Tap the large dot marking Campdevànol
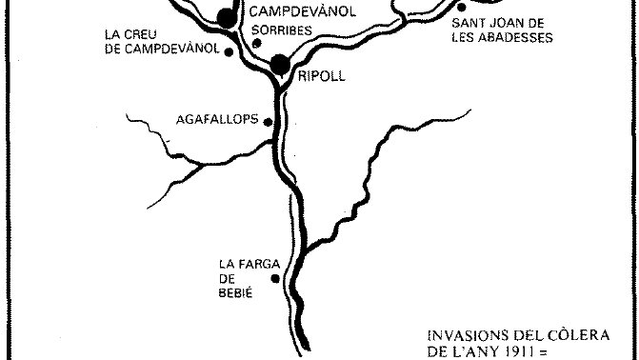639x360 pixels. coord(226,16)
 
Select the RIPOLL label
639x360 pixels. coord(321,75)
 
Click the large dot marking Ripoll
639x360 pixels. coord(280,65)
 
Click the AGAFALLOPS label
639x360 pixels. coord(219,121)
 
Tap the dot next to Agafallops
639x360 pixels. coord(269,122)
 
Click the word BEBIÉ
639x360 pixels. coord(235,292)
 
